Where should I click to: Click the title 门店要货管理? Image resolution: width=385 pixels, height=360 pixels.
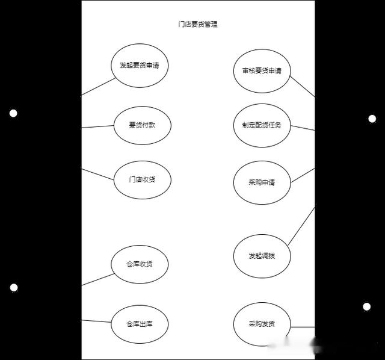click(x=198, y=24)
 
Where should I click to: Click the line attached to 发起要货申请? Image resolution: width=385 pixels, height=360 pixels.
click(x=99, y=87)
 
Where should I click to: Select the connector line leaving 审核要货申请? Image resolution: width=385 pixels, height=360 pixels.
click(x=303, y=87)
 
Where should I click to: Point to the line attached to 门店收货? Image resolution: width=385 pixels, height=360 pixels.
click(x=97, y=174)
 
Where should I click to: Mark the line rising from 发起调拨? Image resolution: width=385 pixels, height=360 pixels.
click(x=301, y=226)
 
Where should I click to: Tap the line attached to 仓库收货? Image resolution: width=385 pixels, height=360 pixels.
click(x=98, y=279)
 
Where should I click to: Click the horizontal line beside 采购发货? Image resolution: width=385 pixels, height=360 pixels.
click(x=303, y=327)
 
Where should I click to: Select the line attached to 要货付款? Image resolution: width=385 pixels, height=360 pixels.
click(x=97, y=127)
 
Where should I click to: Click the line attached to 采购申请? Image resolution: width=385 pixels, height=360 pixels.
click(x=303, y=175)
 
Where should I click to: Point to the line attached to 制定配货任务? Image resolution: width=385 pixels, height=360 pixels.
click(x=303, y=128)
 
